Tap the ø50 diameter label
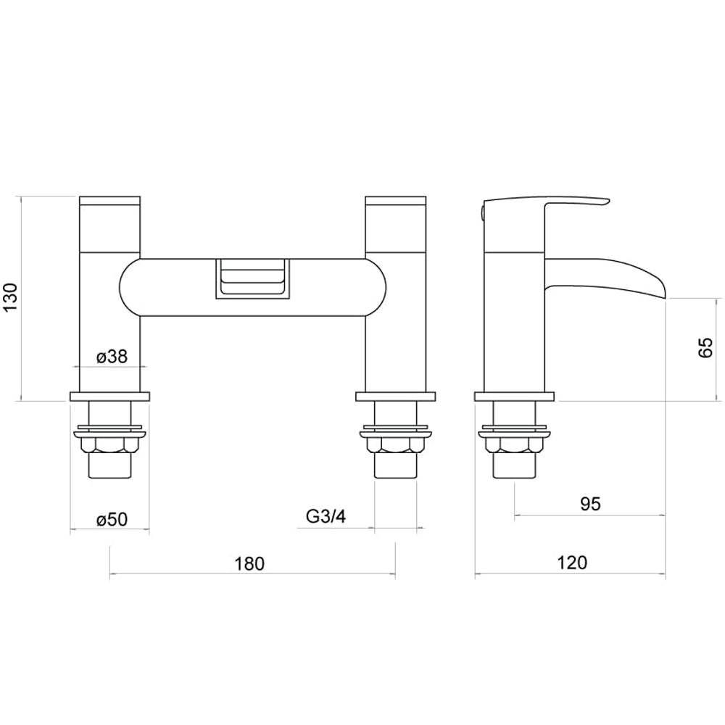[112, 519]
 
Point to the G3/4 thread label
[326, 517]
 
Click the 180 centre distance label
[250, 563]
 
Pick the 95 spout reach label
[590, 504]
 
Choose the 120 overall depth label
[572, 562]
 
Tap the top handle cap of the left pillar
[109, 201]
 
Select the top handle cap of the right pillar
[396, 201]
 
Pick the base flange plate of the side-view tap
[514, 397]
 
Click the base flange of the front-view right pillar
[396, 397]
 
